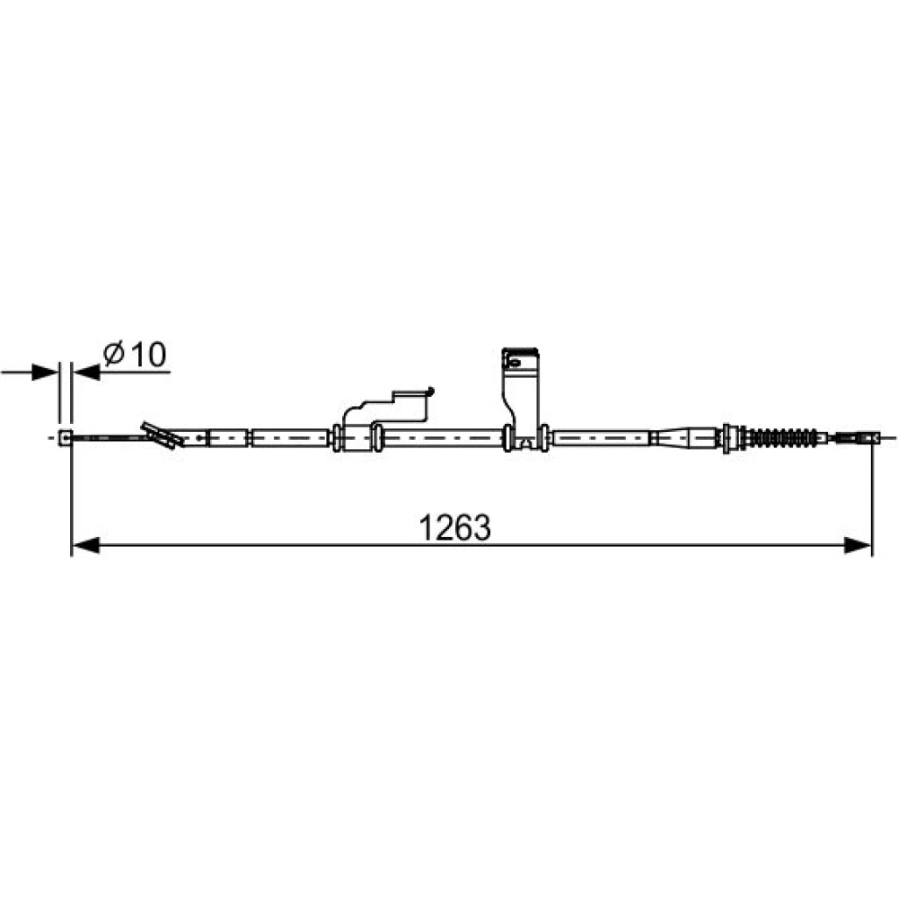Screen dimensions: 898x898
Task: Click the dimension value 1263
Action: pyautogui.click(x=454, y=527)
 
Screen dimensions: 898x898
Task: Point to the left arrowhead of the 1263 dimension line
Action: pyautogui.click(x=86, y=545)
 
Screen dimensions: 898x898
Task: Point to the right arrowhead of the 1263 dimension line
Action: pyautogui.click(x=858, y=545)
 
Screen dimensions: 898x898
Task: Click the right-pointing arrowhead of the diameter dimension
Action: pyautogui.click(x=45, y=373)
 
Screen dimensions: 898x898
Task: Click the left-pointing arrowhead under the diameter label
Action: pyautogui.click(x=87, y=373)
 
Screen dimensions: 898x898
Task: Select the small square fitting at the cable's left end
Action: pyautogui.click(x=66, y=438)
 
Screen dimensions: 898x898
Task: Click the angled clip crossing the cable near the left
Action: pyautogui.click(x=162, y=436)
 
